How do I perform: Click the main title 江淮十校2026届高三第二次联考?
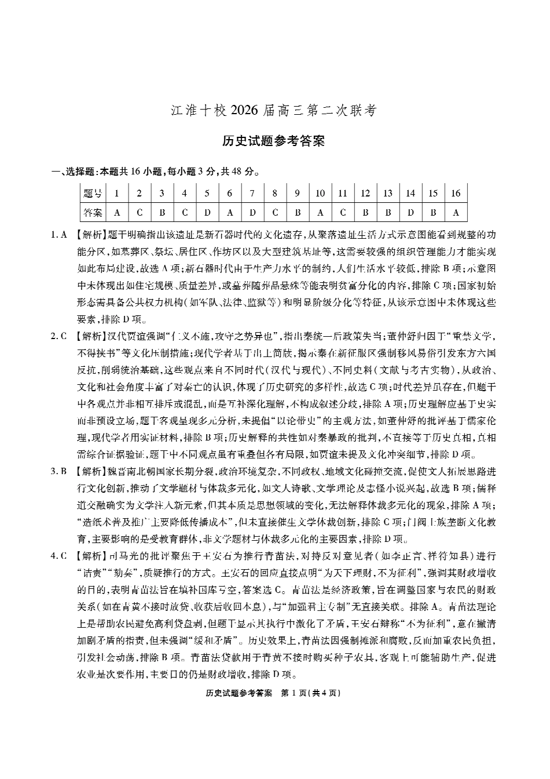pyautogui.click(x=274, y=110)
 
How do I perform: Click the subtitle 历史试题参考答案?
pyautogui.click(x=274, y=141)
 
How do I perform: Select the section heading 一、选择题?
pyautogui.click(x=73, y=172)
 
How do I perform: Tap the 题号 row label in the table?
pyautogui.click(x=93, y=194)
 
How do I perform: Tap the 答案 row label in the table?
pyautogui.click(x=93, y=213)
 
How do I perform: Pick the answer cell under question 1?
pyautogui.click(x=117, y=213)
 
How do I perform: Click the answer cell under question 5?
pyautogui.click(x=207, y=213)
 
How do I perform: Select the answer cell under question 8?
pyautogui.click(x=275, y=213)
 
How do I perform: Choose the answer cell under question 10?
pyautogui.click(x=320, y=213)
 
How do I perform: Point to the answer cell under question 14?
pyautogui.click(x=410, y=213)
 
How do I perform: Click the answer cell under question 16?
pyautogui.click(x=456, y=213)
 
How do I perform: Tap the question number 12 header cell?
pyautogui.click(x=365, y=194)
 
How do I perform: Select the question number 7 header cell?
pyautogui.click(x=252, y=194)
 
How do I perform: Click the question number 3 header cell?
pyautogui.click(x=162, y=194)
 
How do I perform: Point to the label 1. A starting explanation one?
pyautogui.click(x=60, y=235)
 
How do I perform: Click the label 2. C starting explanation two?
pyautogui.click(x=60, y=336)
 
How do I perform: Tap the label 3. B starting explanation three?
pyautogui.click(x=60, y=471)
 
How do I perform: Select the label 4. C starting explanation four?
pyautogui.click(x=60, y=556)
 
